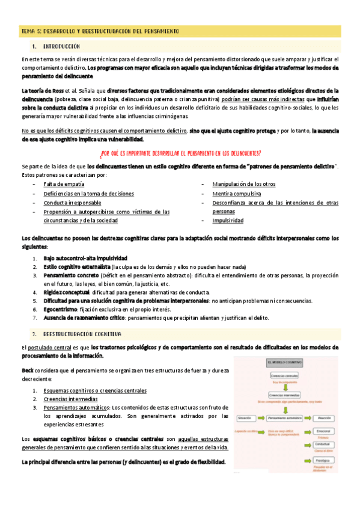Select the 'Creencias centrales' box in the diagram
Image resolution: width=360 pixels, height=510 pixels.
[285, 375]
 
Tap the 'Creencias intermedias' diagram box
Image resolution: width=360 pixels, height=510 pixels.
[285, 395]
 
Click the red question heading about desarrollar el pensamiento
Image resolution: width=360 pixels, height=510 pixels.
[180, 153]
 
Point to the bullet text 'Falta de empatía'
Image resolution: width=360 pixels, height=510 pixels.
[64, 183]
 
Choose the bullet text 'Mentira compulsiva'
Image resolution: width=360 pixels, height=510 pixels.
[236, 194]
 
